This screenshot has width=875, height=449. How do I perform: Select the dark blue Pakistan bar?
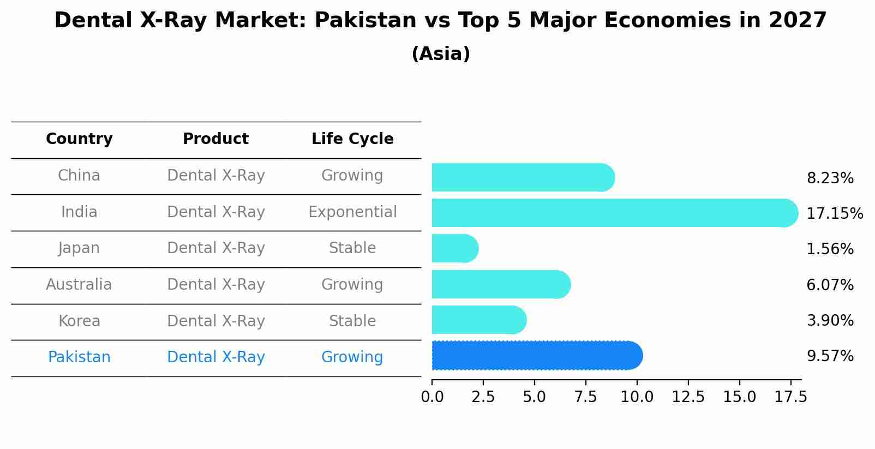[x=537, y=356]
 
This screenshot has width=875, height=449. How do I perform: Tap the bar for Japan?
[x=455, y=249]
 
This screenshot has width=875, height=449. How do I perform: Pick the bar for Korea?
[x=479, y=320]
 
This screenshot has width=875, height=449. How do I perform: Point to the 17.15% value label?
[x=835, y=213]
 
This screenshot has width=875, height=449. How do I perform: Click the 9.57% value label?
[x=830, y=356]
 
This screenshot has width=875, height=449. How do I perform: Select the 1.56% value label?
[x=830, y=249]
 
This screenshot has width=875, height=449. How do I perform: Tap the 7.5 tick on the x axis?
[x=585, y=397]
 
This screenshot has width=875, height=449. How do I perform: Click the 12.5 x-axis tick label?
[x=688, y=397]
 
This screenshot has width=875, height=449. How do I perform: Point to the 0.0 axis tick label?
[x=432, y=397]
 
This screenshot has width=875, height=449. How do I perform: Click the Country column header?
[x=79, y=139]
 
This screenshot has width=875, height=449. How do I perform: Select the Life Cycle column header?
[x=352, y=139]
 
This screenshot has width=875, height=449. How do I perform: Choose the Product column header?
[x=215, y=139]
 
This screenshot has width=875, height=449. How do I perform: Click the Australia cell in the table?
[x=79, y=285]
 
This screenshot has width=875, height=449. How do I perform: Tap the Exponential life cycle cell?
[x=352, y=212]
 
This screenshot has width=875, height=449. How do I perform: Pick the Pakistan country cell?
[x=79, y=357]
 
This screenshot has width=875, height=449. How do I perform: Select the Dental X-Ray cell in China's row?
[x=215, y=176]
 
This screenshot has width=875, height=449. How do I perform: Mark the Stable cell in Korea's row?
[x=352, y=321]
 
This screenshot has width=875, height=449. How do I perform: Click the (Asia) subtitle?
[x=441, y=54]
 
